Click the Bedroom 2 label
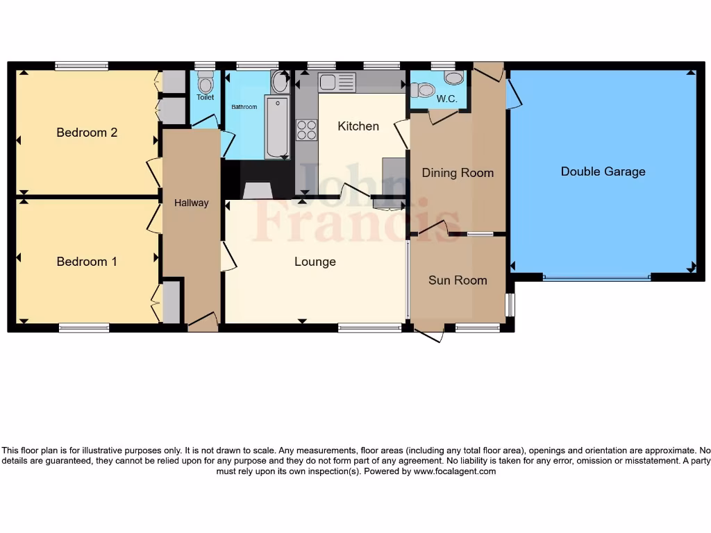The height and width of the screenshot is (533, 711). [87, 133]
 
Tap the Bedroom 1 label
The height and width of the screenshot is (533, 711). [87, 262]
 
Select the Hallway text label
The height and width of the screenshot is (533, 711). [191, 203]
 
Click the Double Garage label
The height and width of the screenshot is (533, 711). [603, 171]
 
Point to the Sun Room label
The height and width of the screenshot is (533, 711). [458, 280]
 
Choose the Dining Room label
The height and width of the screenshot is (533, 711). [458, 173]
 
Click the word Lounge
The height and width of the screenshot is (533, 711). [315, 262]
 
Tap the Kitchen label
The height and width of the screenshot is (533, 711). [358, 126]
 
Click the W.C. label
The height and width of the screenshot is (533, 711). [446, 99]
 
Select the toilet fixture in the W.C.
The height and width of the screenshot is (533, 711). [422, 90]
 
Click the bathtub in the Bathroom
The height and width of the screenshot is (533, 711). [276, 128]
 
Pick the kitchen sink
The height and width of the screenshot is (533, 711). [337, 83]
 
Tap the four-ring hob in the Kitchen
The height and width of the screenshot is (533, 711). [307, 130]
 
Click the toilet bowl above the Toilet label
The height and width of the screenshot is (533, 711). [205, 83]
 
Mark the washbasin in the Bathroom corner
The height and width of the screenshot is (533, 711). [280, 83]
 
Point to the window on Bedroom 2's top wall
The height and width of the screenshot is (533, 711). [82, 66]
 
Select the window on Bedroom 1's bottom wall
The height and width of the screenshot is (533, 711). [84, 328]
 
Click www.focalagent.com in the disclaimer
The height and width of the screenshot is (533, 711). [455, 471]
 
